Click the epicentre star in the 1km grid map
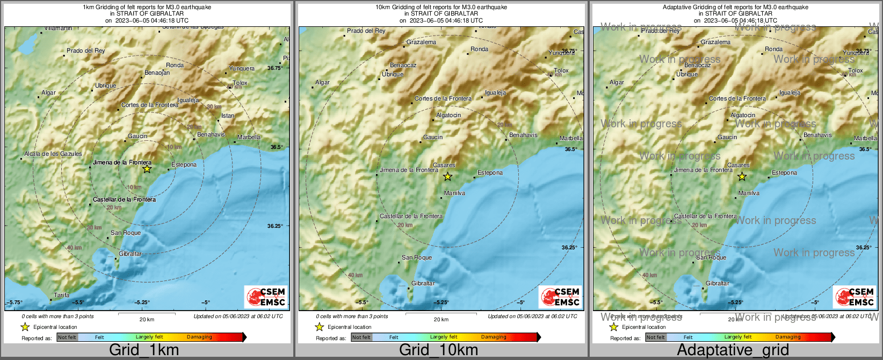147,169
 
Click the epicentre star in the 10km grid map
447,176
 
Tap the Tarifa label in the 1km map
62,295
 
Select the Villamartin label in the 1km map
58,28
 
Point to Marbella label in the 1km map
249,138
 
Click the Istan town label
228,116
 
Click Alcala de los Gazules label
53,154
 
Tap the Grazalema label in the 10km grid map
421,42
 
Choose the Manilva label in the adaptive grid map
749,193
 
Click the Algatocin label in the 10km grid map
448,115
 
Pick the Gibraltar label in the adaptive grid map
718,283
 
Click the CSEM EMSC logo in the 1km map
265,296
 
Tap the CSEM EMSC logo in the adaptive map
854,296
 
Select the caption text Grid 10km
438,350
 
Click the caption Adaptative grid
733,350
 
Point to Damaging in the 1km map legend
199,337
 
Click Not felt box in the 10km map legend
361,337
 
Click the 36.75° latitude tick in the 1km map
274,68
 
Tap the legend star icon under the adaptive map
613,327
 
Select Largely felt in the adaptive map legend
737,337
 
